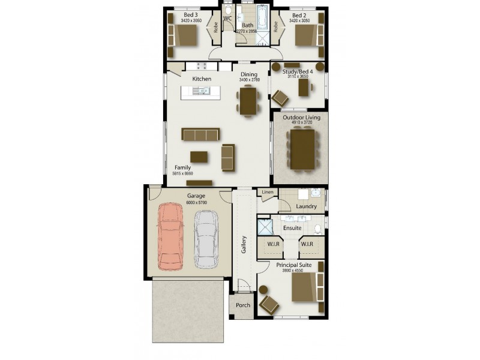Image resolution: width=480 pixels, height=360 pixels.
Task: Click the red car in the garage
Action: pos(170,236)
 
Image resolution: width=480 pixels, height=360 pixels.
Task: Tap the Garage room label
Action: pos(196,196)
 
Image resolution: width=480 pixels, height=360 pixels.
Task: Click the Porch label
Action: pos(242,305)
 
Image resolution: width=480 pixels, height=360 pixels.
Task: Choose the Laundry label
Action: pos(306,206)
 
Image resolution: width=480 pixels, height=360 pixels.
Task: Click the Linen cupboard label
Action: pos(267,192)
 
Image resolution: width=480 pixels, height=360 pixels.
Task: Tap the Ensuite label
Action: pos(292,228)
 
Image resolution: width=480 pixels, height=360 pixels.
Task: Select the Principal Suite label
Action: pos(294,264)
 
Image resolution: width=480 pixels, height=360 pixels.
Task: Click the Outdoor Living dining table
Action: pos(301,149)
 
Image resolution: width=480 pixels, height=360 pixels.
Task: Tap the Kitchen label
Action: pos(202,79)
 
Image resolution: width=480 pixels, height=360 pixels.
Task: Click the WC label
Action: pos(227,19)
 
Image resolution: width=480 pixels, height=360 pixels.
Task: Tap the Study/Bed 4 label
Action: pos(298,72)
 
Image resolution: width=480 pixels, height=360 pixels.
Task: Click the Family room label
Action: pos(182,167)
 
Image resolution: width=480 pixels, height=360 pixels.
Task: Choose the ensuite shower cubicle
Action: pos(264,227)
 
